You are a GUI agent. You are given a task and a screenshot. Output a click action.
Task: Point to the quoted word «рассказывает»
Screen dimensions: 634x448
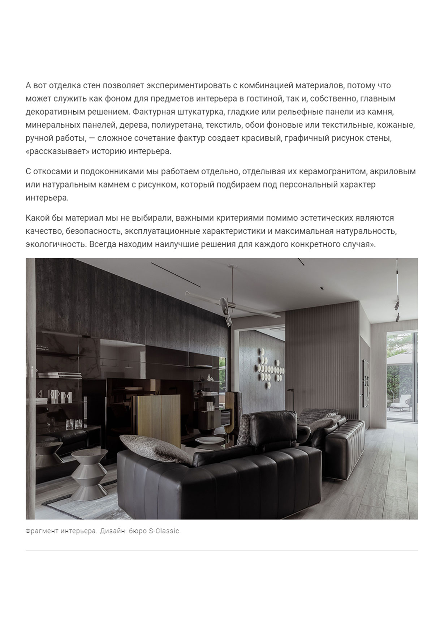coord(57,151)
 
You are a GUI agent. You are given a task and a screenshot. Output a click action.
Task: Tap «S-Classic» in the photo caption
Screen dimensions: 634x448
coord(164,531)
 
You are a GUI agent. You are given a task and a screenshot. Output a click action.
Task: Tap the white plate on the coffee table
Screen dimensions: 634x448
coord(209,440)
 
